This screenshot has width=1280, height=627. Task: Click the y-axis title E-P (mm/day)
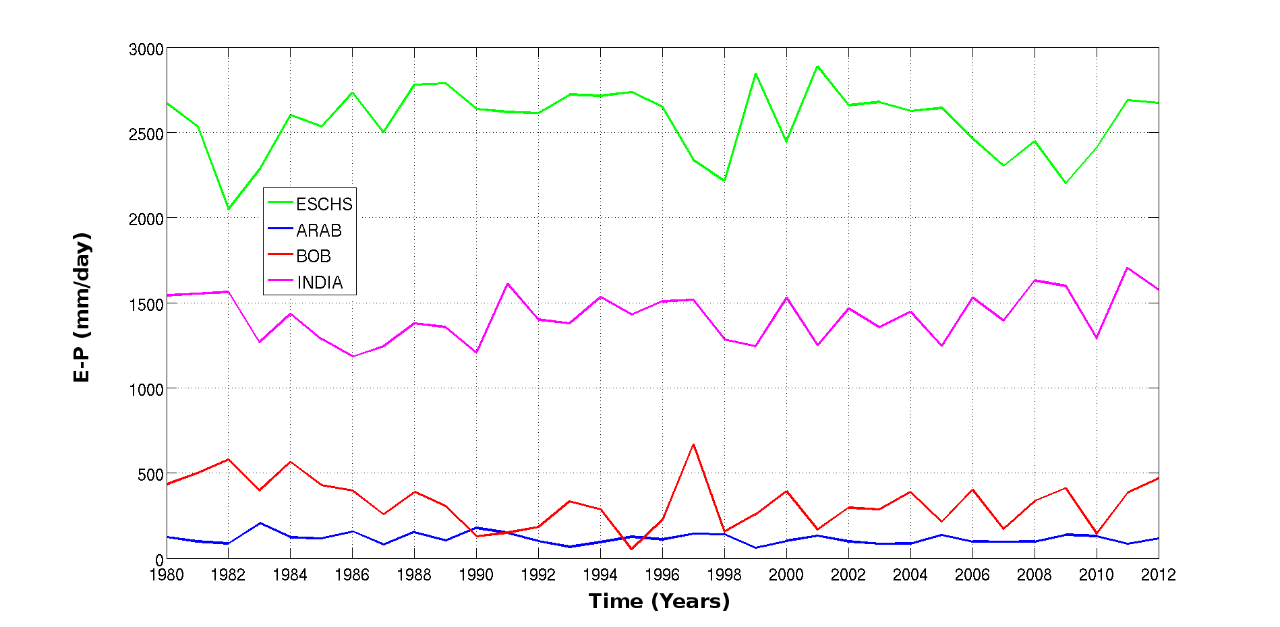coord(82,307)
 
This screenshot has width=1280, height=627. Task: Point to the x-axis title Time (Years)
coord(659,601)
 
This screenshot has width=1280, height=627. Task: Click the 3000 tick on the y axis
coord(146,50)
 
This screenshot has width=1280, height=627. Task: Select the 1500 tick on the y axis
coord(146,305)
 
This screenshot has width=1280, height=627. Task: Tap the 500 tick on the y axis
coord(150,475)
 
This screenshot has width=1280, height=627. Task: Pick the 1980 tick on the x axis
coord(167,575)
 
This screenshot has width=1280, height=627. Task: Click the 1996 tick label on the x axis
coord(662,575)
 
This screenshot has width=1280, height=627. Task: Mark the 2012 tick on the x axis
coord(1158,575)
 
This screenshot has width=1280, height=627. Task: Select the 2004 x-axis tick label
coord(910,575)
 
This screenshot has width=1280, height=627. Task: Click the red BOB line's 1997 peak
coord(693,444)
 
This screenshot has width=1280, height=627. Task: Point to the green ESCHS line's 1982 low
coord(229,209)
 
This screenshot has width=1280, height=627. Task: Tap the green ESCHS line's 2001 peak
coord(817,66)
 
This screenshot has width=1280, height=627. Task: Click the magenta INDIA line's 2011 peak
coord(1128,268)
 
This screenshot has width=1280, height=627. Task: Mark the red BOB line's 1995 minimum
coord(631,549)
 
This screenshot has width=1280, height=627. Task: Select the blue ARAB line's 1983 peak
coord(260,523)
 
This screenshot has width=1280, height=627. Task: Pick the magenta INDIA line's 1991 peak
coord(508,284)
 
